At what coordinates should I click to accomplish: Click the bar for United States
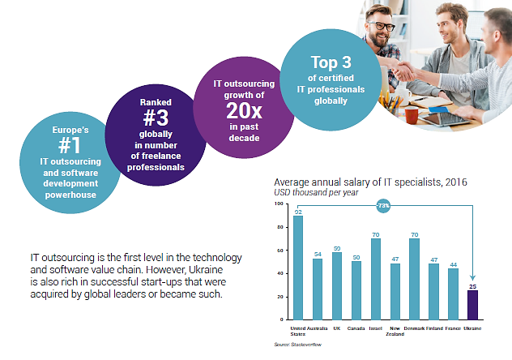pos(298,268)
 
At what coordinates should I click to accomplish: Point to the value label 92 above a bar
pos(298,211)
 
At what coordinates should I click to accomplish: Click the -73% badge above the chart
pos(383,206)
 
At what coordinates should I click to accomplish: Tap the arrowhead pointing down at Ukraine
pos(473,280)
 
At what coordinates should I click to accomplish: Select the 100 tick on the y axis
pos(279,204)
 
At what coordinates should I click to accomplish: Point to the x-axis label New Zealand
pos(395,332)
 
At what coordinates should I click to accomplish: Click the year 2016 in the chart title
pos(453,182)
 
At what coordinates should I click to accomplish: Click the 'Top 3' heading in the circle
pos(332,62)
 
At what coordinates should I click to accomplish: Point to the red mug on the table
pos(411,116)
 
